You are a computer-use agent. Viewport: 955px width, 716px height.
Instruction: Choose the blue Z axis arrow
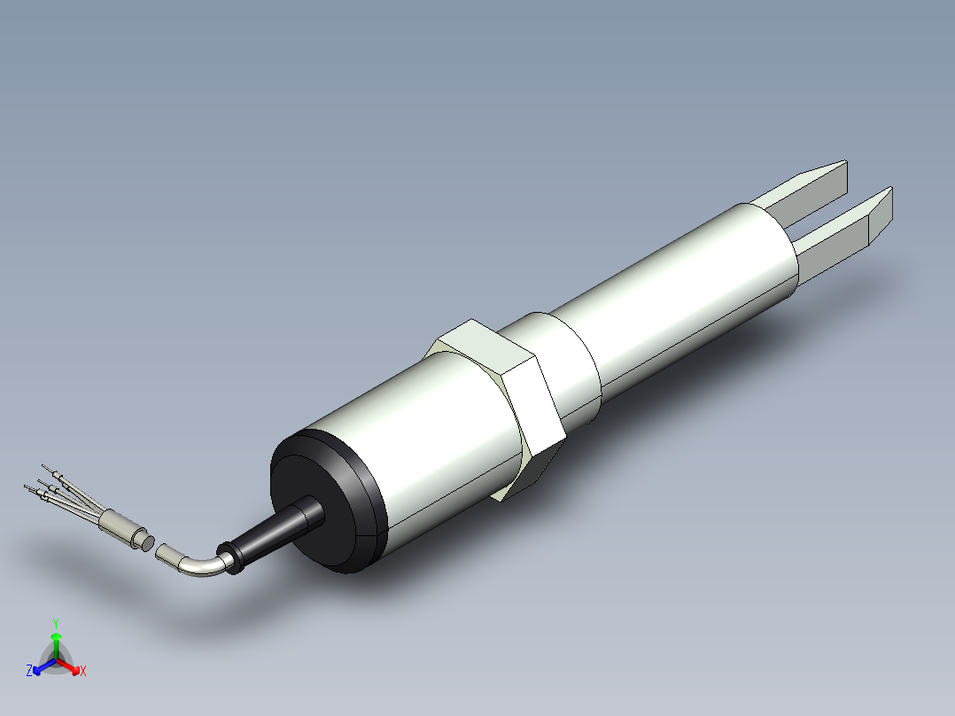[x=41, y=666]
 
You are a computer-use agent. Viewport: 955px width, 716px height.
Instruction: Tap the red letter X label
[x=83, y=672]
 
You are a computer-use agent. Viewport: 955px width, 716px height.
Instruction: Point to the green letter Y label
[x=56, y=622]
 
